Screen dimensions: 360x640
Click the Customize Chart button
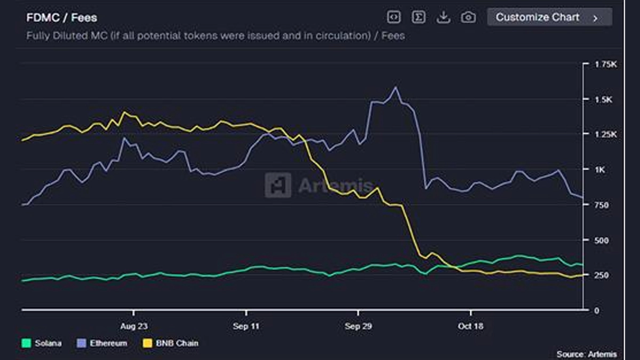point(549,17)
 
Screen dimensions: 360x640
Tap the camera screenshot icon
point(468,17)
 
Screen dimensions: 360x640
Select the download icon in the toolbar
point(443,17)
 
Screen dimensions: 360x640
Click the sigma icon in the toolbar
point(419,17)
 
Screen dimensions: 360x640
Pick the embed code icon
point(394,17)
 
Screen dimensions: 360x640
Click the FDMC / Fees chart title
point(62,18)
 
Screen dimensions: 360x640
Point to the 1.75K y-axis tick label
point(605,64)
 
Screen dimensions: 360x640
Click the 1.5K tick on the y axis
point(605,99)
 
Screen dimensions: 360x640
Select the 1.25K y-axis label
point(605,134)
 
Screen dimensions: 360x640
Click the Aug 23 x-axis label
point(134,326)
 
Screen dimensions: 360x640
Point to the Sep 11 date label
point(246,326)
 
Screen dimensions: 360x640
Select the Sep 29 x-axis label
point(358,326)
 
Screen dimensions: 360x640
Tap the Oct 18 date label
point(470,326)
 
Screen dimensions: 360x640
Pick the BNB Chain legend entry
point(170,343)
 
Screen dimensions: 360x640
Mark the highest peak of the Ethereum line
point(395,87)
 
